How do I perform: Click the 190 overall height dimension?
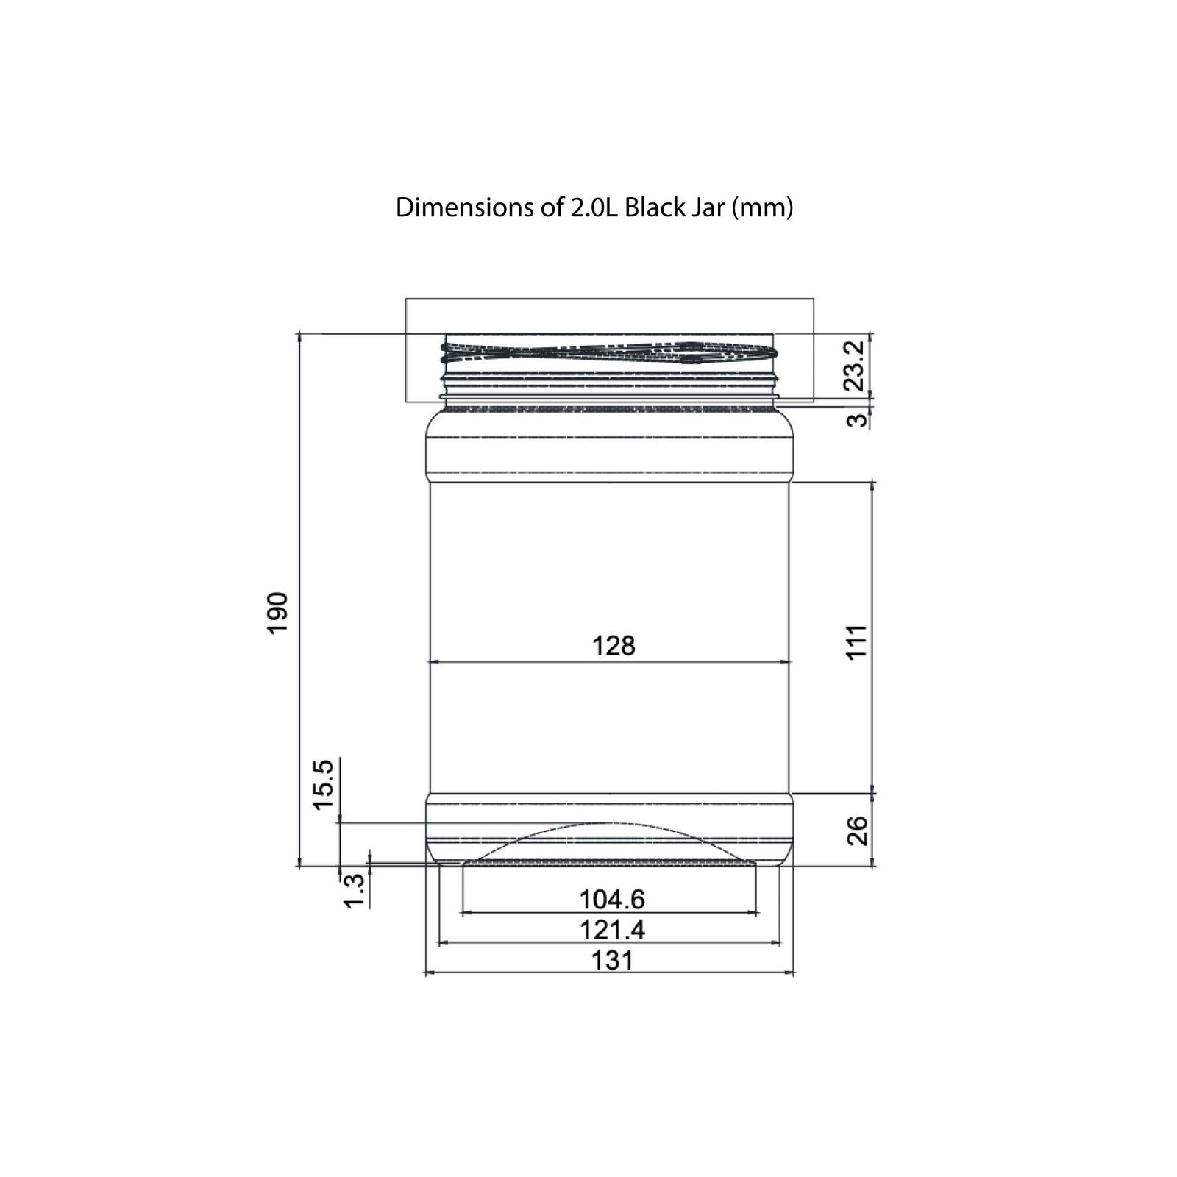277,612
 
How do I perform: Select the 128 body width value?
614,646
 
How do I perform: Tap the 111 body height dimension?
857,642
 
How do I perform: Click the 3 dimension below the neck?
857,420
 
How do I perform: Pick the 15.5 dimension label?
324,785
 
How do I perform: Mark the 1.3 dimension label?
354,891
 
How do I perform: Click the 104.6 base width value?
612,899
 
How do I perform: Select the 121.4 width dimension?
612,930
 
